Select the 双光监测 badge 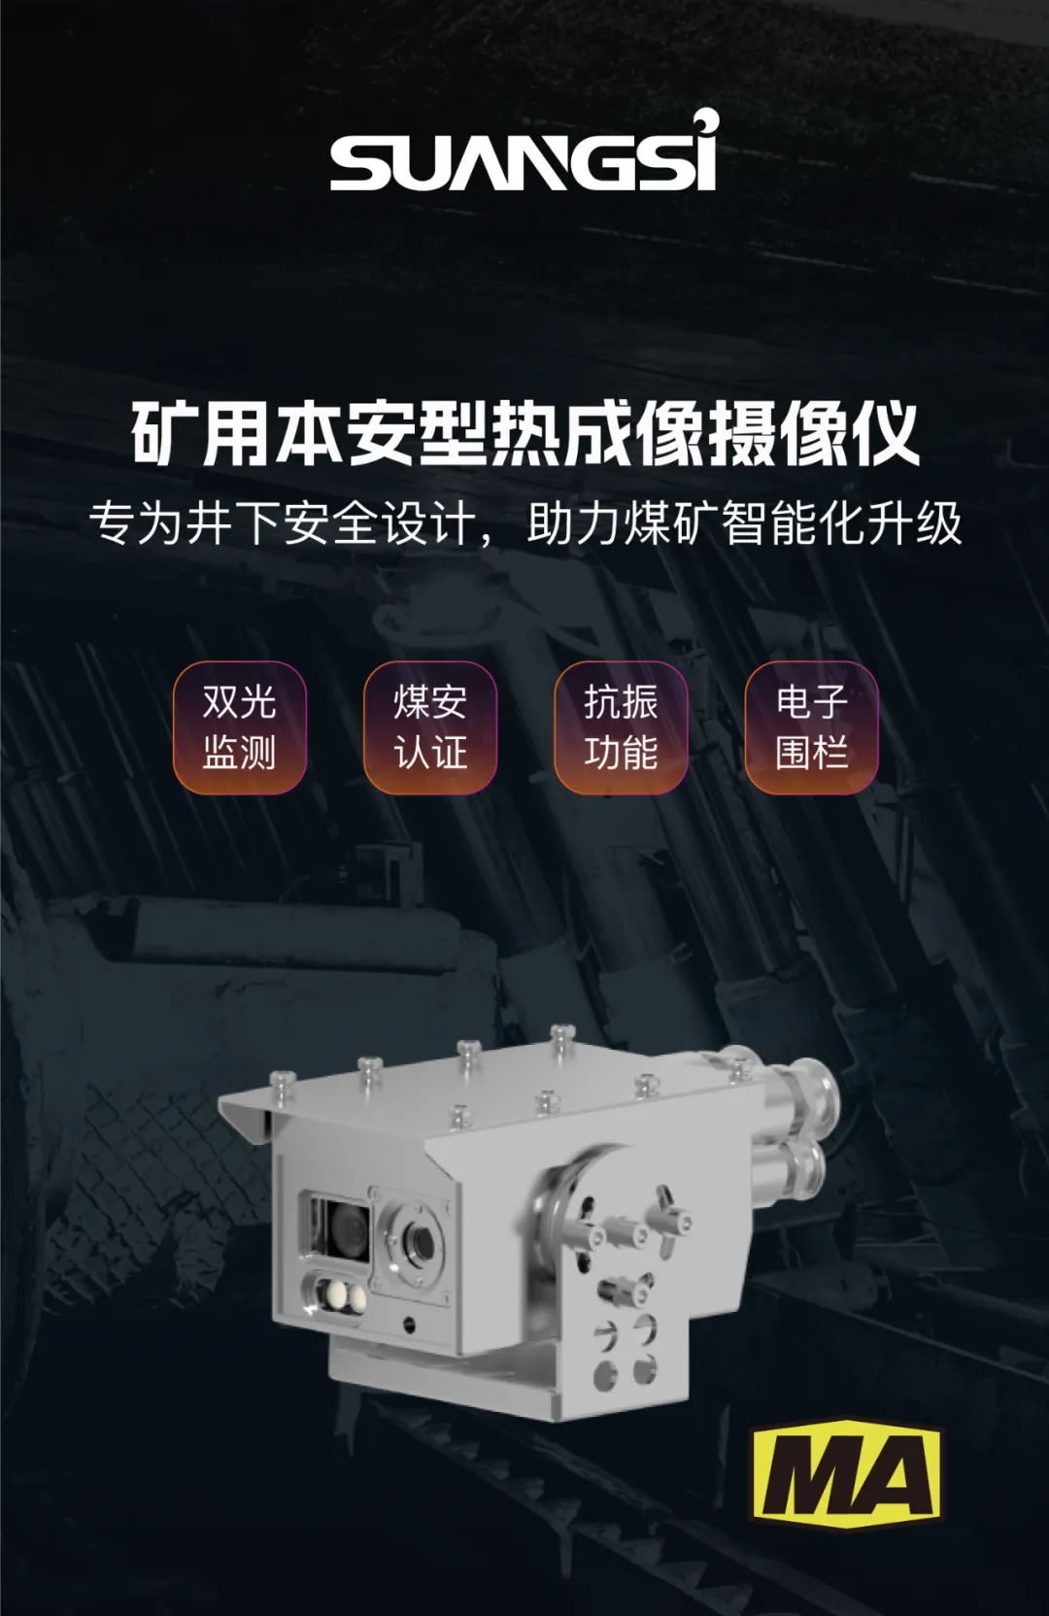click(239, 727)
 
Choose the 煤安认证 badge click(430, 727)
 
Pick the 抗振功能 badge click(621, 727)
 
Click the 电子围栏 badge click(812, 727)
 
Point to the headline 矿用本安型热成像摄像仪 click(524, 433)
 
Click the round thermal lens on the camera click(421, 1240)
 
